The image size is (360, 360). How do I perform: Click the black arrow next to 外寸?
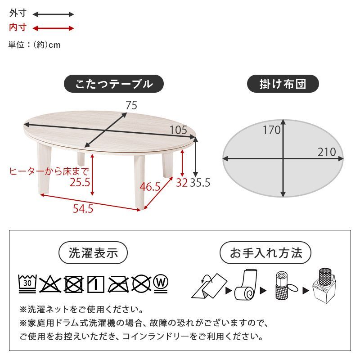click(53, 14)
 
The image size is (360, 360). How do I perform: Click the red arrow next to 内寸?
click(53, 28)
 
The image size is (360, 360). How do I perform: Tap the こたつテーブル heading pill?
click(113, 84)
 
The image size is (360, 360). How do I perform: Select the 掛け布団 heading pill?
click(283, 84)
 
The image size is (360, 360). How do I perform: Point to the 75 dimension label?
click(131, 105)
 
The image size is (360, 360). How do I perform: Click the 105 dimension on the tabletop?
click(178, 130)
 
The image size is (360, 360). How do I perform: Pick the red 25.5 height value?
click(80, 182)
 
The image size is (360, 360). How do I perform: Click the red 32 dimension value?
click(181, 183)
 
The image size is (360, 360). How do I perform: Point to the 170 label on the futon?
click(271, 130)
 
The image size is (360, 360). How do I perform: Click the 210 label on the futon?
click(327, 152)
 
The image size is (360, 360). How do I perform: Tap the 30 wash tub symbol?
click(27, 283)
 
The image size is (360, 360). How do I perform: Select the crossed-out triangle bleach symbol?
click(49, 283)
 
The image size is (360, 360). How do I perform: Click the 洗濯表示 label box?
click(93, 253)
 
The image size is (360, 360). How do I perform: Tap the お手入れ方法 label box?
click(265, 253)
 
